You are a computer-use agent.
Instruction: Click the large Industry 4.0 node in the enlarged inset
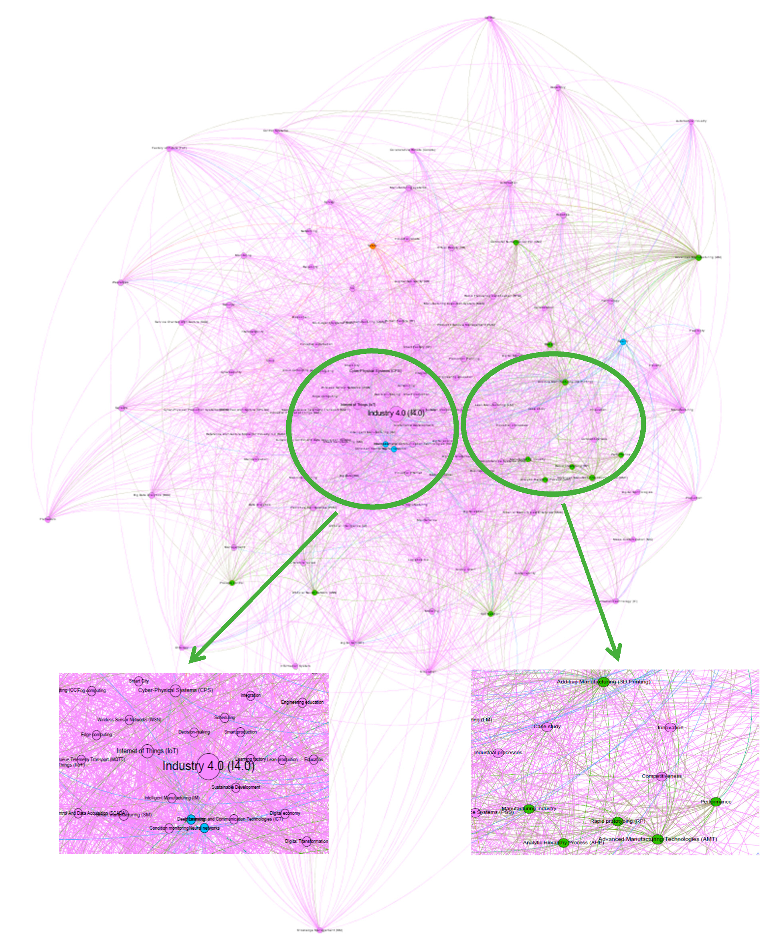point(208,766)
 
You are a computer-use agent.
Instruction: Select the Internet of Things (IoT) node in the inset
point(147,751)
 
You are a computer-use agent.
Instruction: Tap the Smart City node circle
point(138,682)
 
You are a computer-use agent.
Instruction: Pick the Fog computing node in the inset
point(91,691)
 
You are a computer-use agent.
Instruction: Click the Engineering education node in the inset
point(302,702)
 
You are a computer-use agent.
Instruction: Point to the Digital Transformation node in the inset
point(307,841)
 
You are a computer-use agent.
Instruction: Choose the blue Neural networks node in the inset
point(205,828)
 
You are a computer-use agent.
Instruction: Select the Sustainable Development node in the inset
point(235,788)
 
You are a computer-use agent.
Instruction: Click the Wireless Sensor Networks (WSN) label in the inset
point(129,720)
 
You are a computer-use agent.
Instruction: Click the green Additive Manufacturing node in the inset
point(603,682)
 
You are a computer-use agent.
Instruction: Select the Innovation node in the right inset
point(670,727)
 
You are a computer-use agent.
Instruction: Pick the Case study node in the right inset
point(547,727)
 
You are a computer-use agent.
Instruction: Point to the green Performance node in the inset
point(716,802)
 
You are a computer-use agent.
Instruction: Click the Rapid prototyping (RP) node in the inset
point(617,821)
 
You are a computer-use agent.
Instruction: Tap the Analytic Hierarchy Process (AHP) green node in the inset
point(563,842)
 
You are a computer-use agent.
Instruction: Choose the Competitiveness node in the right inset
point(661,776)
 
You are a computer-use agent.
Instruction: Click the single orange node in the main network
point(372,246)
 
